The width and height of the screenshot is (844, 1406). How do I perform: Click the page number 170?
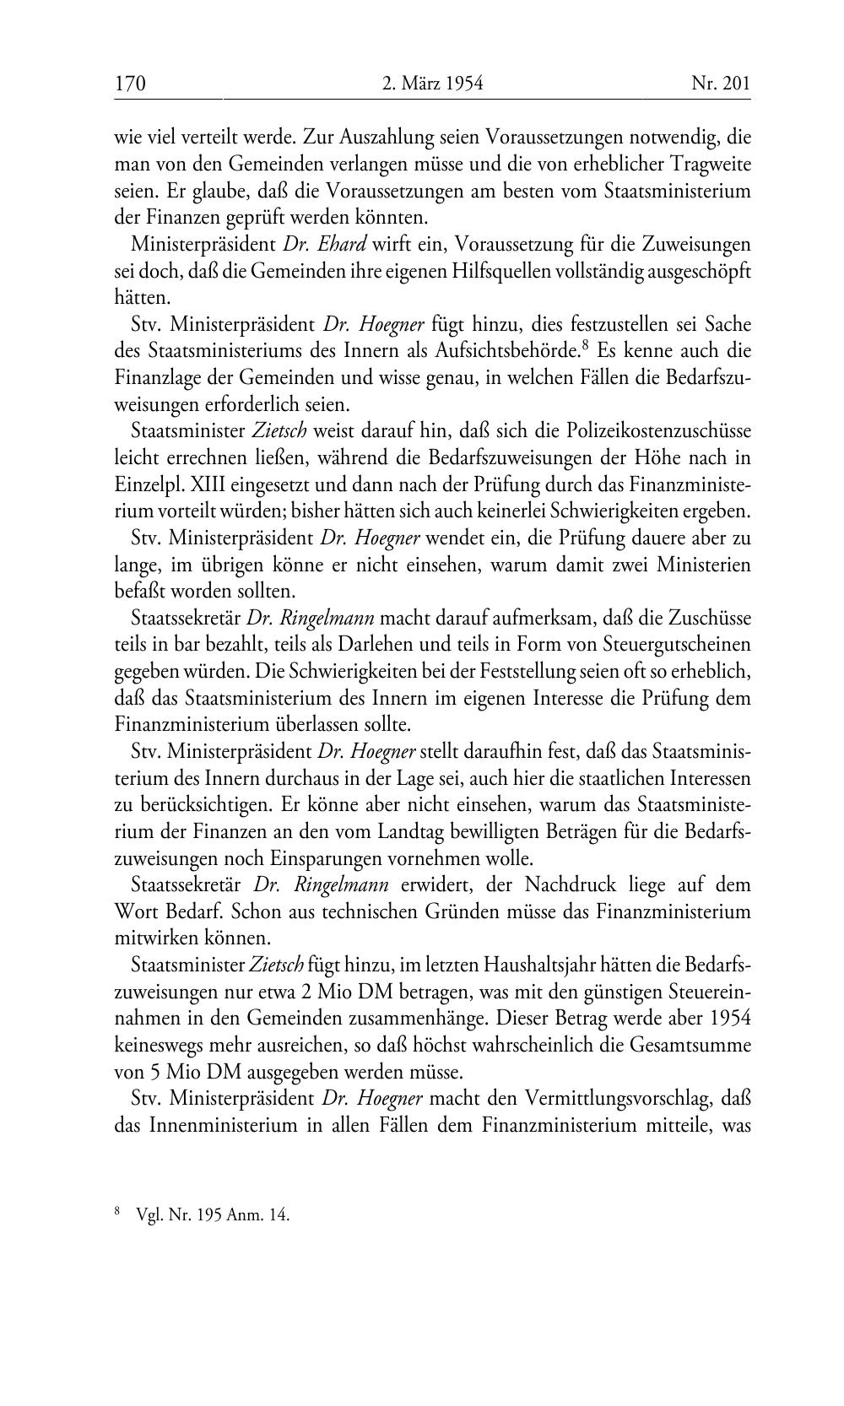131,84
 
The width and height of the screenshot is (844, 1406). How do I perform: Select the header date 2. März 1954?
432,84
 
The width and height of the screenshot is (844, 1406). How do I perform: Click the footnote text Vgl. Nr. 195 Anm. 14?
212,1216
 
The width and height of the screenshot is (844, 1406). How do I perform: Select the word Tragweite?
709,164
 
